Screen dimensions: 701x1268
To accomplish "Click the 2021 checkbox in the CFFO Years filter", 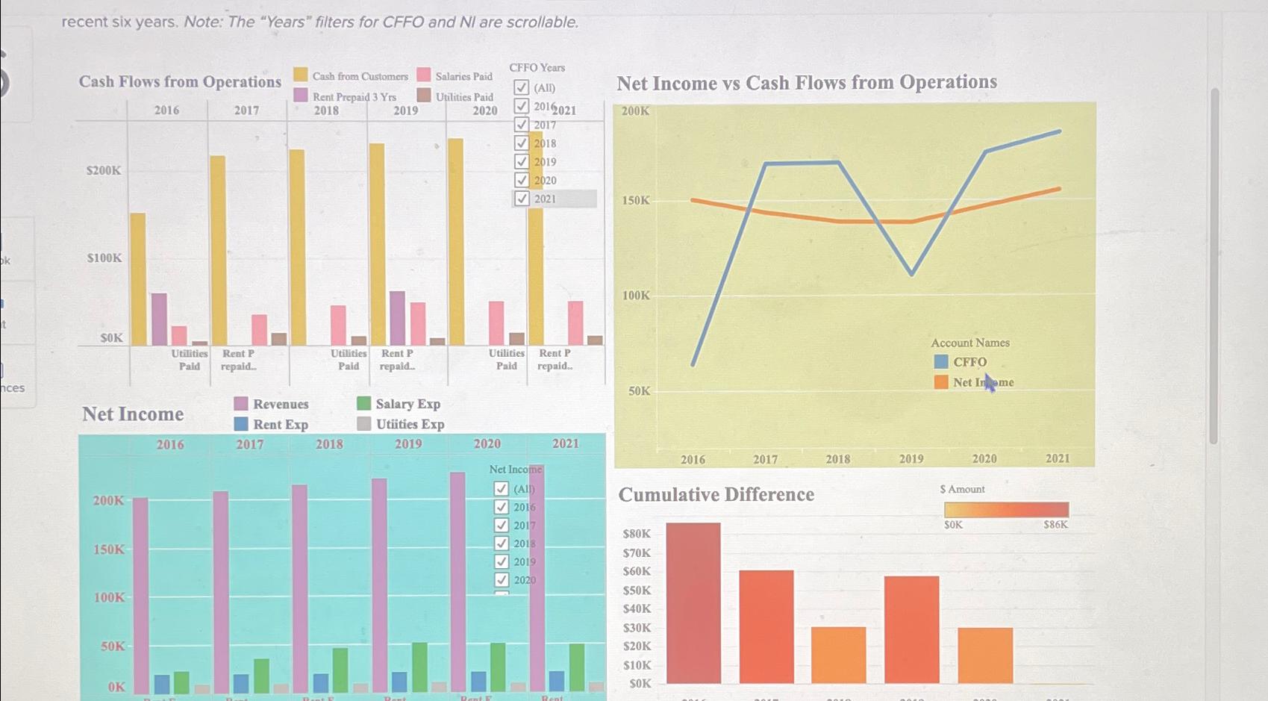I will click(522, 199).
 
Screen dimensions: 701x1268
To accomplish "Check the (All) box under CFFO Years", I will click(522, 88).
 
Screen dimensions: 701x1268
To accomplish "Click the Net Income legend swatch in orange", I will click(941, 382).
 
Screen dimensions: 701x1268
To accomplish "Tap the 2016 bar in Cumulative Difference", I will click(693, 602).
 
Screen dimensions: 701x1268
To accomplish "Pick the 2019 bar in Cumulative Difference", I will click(911, 629).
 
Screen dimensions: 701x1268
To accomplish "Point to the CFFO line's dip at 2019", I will click(911, 274).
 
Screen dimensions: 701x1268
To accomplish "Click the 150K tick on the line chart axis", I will click(636, 201).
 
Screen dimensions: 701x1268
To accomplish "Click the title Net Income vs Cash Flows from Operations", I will click(807, 82).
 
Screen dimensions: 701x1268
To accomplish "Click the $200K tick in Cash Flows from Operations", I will click(104, 171).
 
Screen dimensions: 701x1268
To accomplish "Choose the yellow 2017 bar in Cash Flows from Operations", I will click(218, 250).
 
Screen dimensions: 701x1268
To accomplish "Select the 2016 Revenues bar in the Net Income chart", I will click(140, 595).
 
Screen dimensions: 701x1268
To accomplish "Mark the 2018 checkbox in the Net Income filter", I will click(502, 543).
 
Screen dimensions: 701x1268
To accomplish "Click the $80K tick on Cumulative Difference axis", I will click(637, 534).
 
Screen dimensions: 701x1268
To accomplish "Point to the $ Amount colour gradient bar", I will click(1006, 510).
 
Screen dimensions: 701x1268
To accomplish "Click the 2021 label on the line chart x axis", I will click(1057, 458).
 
